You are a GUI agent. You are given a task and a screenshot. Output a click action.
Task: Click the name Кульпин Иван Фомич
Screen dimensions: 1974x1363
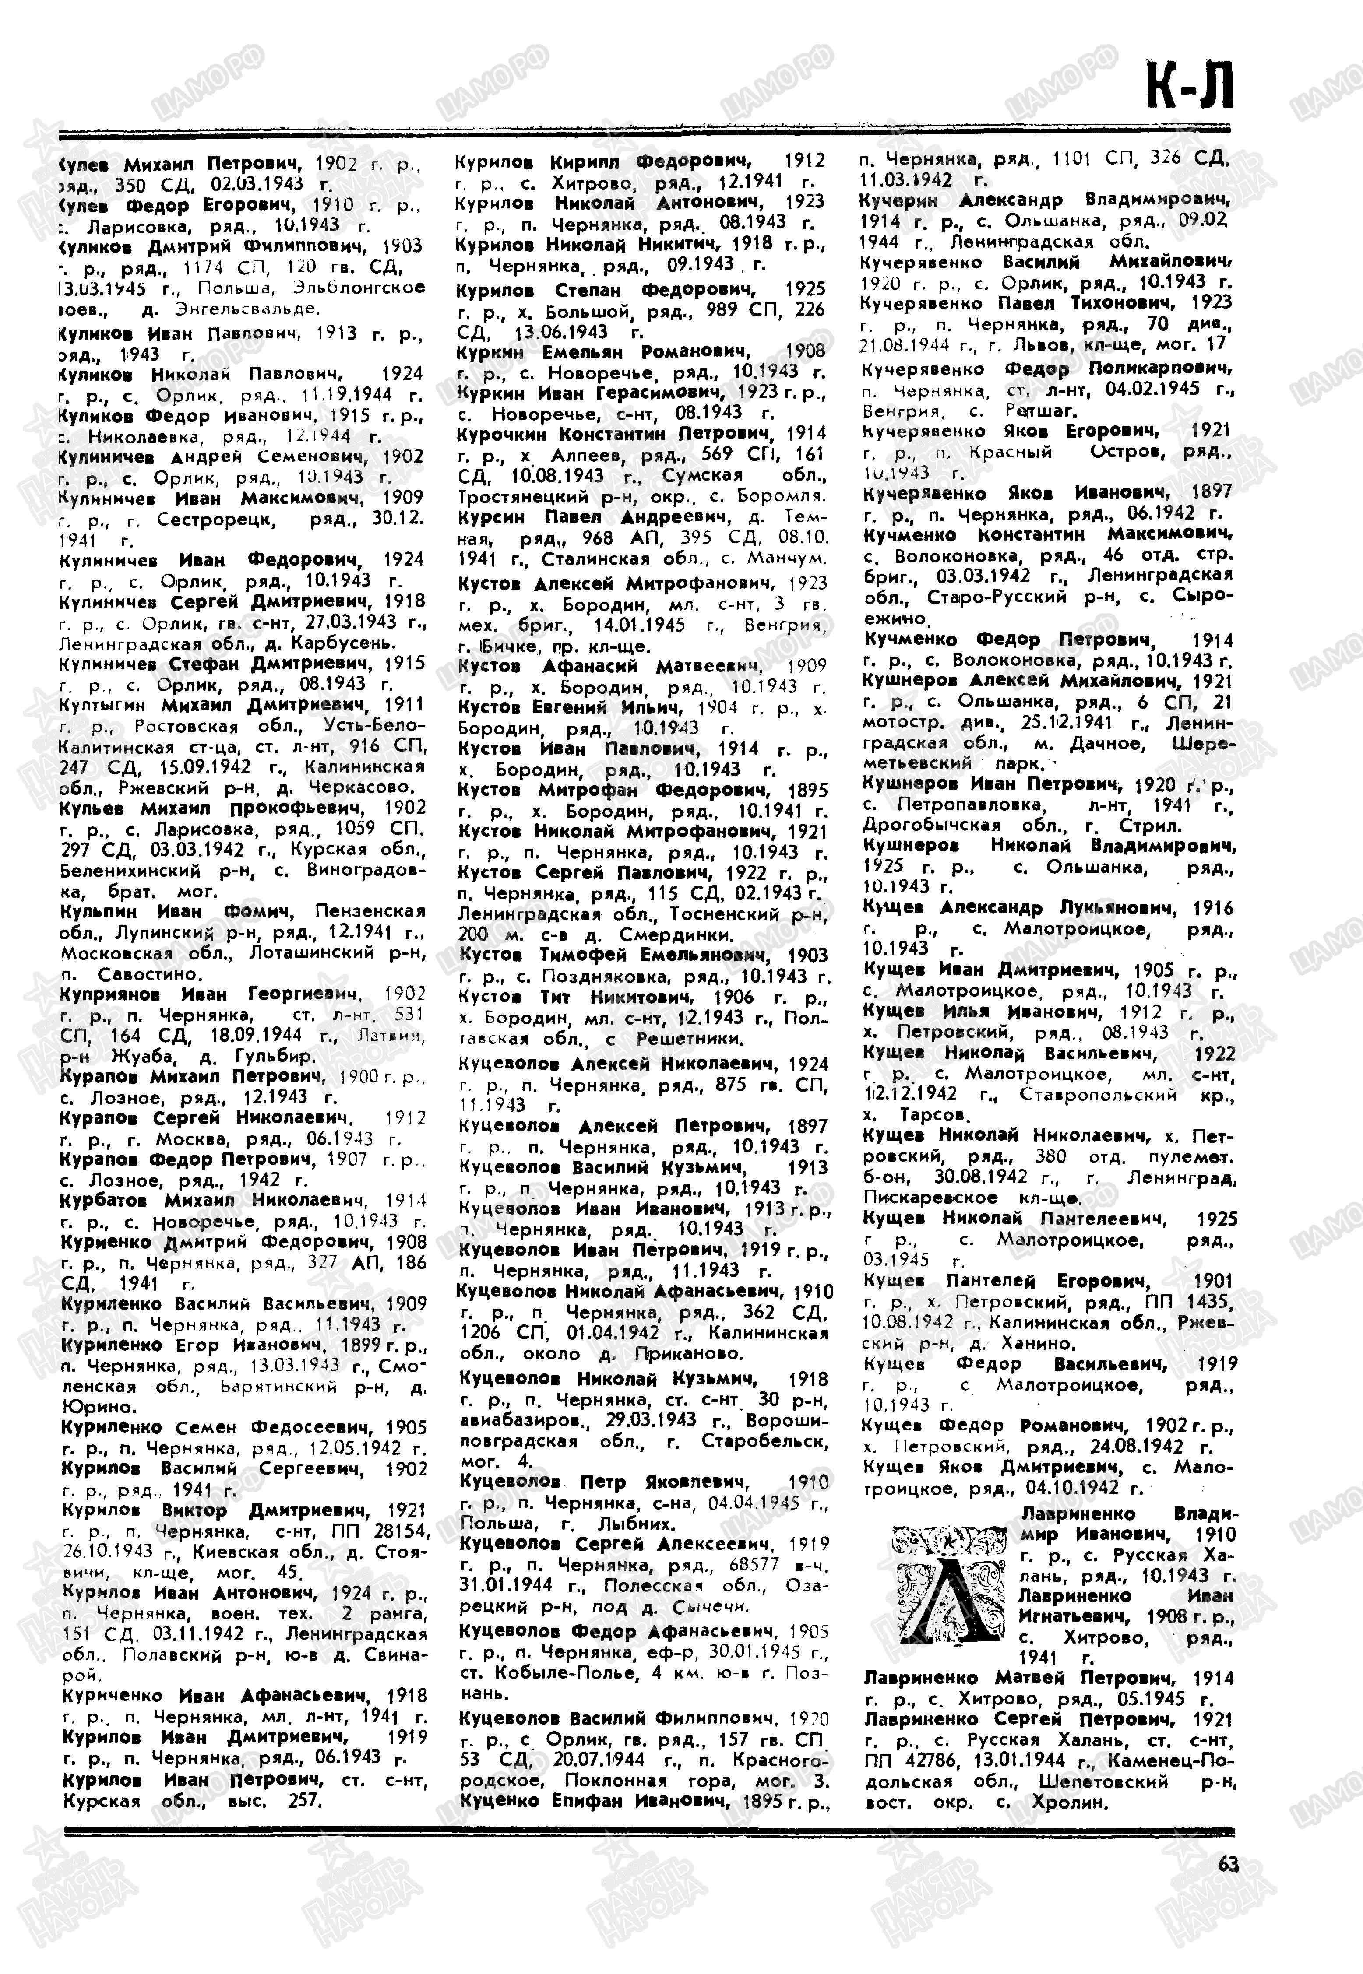177,912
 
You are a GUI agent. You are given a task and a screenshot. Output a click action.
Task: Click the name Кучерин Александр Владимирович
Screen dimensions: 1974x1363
1046,201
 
